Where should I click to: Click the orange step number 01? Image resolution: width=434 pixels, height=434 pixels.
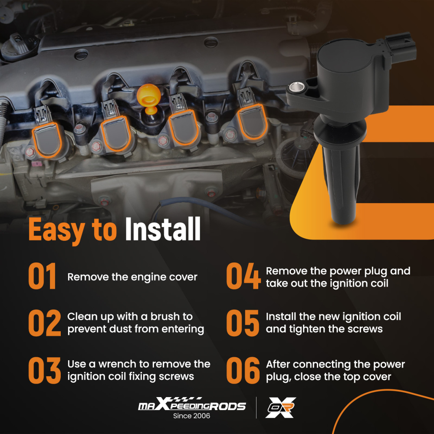tap(42, 276)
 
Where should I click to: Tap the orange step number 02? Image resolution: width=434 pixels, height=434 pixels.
tap(45, 323)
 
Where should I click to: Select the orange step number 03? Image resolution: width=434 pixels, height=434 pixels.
tap(45, 370)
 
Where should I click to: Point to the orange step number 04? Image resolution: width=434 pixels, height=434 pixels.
tap(243, 276)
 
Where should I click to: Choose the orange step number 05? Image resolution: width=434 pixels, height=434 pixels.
tap(243, 323)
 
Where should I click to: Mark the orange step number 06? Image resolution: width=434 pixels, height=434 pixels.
tap(243, 370)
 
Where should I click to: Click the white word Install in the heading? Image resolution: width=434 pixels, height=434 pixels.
tap(163, 229)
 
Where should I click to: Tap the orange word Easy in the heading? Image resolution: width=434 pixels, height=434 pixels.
tap(57, 230)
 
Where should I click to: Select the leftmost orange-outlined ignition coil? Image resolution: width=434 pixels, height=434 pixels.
tap(47, 140)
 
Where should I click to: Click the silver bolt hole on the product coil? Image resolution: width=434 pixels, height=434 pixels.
tap(297, 88)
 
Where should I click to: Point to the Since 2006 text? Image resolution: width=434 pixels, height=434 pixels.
tap(191, 416)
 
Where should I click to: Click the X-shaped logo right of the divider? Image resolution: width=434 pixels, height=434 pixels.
tap(281, 408)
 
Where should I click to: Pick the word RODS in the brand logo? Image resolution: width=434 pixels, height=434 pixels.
tap(227, 406)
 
